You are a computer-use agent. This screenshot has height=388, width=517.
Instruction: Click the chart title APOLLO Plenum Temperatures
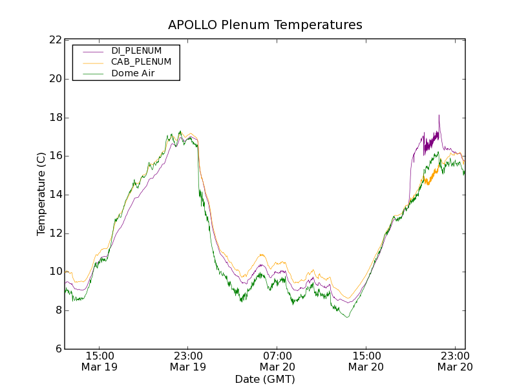265,25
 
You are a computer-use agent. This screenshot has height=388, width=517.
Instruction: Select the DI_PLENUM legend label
136,50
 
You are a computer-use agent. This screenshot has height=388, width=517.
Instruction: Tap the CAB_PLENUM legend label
141,62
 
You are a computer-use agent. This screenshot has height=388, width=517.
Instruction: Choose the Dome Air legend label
133,74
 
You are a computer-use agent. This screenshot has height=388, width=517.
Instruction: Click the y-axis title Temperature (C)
41,194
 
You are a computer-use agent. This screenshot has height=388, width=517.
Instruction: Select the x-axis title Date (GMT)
265,379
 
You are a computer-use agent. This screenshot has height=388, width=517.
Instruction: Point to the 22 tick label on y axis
55,40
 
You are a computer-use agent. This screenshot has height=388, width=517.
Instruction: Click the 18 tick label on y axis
55,118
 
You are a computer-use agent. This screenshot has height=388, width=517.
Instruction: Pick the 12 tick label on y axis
55,233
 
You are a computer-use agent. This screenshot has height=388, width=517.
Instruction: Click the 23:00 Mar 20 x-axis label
455,361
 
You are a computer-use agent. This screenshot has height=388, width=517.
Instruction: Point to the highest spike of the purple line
439,116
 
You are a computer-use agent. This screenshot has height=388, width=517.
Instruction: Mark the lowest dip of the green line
348,317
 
